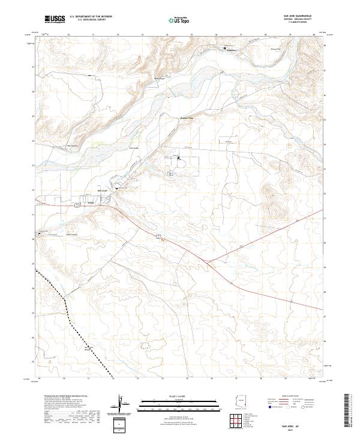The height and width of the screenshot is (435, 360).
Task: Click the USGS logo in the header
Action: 55,19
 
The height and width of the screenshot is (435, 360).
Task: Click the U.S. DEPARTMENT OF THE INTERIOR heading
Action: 91,17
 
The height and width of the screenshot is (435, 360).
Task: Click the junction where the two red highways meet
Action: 208,261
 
